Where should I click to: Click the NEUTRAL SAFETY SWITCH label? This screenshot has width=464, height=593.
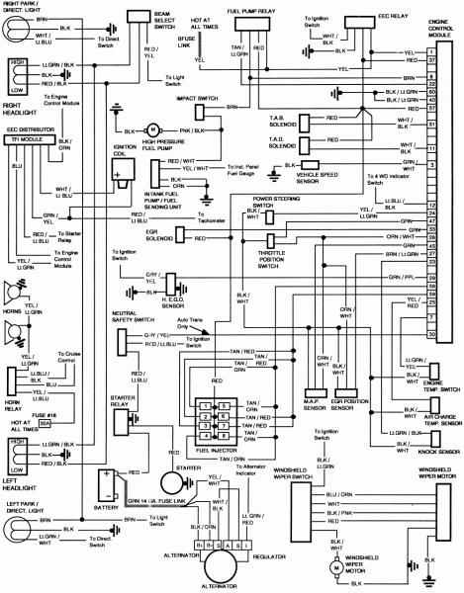coord(130,316)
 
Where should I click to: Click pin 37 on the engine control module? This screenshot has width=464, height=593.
coord(432,60)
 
